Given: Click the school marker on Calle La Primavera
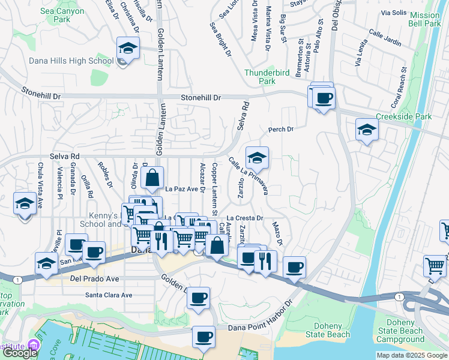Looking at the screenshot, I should (258, 158).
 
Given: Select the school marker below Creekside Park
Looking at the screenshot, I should (366, 130).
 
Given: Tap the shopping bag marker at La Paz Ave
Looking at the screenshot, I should (153, 178).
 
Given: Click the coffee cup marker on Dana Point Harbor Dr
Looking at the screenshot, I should (204, 336).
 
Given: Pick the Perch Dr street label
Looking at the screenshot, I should (280, 129).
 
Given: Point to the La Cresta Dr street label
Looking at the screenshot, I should (245, 218).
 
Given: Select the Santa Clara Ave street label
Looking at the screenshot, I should (109, 295).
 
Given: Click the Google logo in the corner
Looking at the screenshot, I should (20, 352).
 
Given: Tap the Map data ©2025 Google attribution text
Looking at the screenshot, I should (411, 355).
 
